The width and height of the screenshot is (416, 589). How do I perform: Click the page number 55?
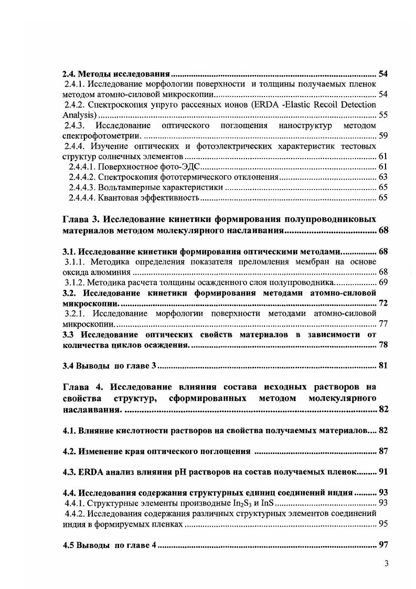coord(383,115)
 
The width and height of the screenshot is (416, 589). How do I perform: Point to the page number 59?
coord(383,136)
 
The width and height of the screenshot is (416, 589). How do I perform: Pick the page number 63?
coord(383,177)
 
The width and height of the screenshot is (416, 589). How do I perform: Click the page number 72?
coord(383,303)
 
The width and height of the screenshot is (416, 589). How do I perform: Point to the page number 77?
coord(383,324)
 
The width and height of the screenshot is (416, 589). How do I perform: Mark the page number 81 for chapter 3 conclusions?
coord(383,366)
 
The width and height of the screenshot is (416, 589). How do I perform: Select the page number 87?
coord(383,451)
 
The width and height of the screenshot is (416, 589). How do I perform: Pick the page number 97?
coord(383,545)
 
